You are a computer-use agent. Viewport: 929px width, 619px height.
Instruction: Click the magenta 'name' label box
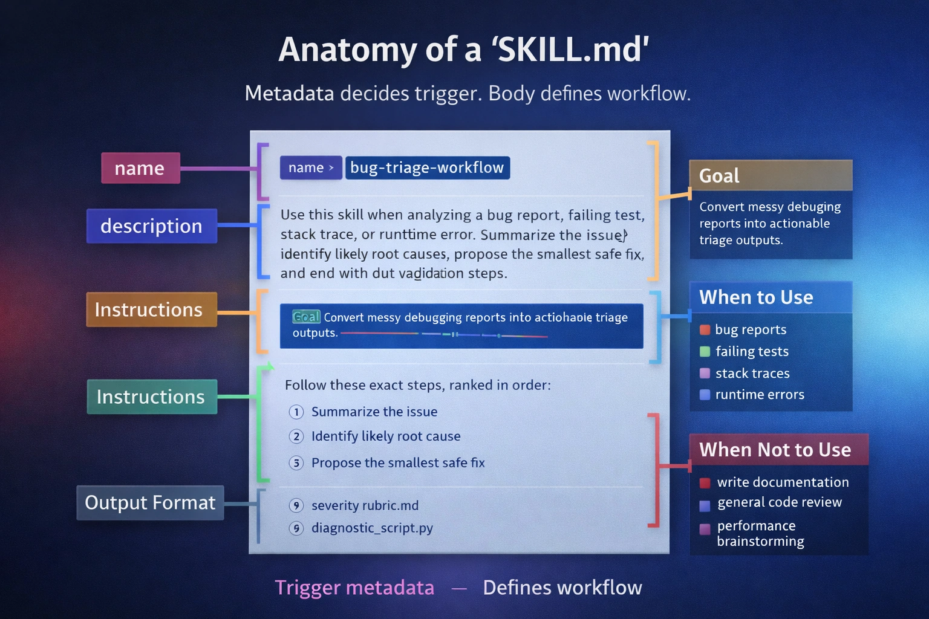point(140,168)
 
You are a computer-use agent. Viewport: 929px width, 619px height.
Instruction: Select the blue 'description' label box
point(151,226)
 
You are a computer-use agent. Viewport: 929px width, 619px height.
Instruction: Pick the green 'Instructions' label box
point(151,397)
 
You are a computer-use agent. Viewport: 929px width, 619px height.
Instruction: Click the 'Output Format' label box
point(150,502)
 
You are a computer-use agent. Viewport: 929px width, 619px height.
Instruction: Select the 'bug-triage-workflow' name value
point(427,167)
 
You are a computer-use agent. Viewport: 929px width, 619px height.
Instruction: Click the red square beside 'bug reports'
point(705,330)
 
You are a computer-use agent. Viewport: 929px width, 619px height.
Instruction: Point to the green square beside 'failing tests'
point(705,351)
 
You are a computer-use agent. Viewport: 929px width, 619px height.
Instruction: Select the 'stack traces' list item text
point(752,374)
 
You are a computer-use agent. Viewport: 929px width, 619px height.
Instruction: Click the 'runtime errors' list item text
point(760,395)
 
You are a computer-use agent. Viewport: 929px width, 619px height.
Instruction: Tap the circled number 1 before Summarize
point(296,412)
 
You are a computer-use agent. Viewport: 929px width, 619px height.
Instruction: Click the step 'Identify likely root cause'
point(386,436)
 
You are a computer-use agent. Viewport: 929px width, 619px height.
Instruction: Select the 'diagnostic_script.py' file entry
point(372,528)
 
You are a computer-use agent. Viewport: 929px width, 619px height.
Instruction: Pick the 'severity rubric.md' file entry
point(365,505)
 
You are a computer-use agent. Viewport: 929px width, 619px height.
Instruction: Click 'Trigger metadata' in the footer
point(354,588)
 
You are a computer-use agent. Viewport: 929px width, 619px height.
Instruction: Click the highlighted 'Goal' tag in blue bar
point(306,317)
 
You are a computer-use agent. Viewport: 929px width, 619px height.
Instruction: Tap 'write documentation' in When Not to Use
point(783,482)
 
